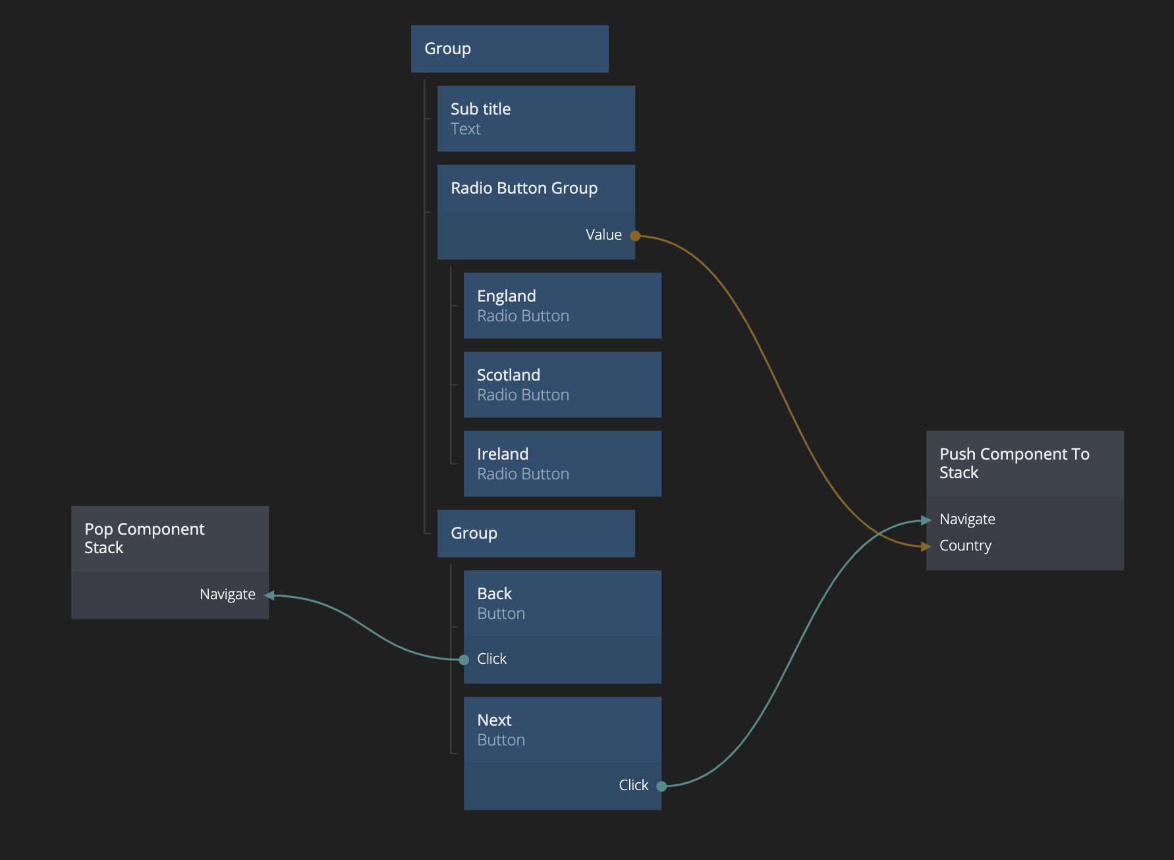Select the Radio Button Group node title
pyautogui.click(x=524, y=188)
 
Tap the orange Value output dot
pyautogui.click(x=635, y=236)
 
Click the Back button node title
pyautogui.click(x=495, y=594)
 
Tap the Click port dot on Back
pyautogui.click(x=464, y=659)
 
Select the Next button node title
pyautogui.click(x=495, y=720)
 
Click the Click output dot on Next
pyautogui.click(x=661, y=786)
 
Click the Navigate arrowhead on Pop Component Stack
pyautogui.click(x=269, y=595)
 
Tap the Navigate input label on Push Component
pyautogui.click(x=967, y=520)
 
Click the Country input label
pyautogui.click(x=965, y=546)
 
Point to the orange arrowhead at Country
pyautogui.click(x=926, y=546)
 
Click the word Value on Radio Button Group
pyautogui.click(x=603, y=235)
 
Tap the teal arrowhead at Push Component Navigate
pyautogui.click(x=926, y=520)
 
